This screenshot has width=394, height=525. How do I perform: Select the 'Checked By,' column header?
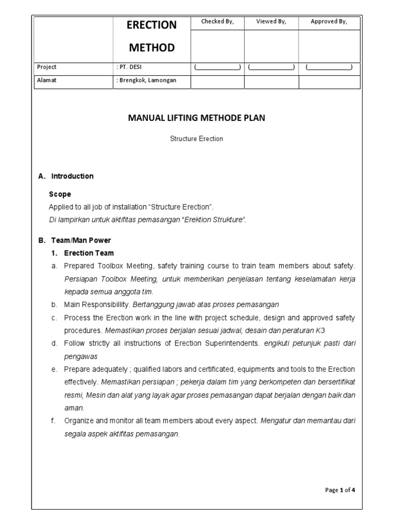click(217, 22)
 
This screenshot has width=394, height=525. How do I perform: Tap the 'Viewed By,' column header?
click(271, 22)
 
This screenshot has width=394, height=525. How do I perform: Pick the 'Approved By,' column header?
click(329, 22)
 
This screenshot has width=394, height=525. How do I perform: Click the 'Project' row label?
click(47, 67)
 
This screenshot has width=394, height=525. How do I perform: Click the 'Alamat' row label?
click(46, 80)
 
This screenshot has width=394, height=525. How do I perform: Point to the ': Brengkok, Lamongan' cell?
click(146, 80)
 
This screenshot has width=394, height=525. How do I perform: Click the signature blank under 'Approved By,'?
click(329, 68)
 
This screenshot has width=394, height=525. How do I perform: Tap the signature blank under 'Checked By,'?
click(217, 68)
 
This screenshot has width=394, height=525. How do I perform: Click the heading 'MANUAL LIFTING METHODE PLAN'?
click(196, 118)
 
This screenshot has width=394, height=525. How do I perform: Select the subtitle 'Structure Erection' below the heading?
click(196, 139)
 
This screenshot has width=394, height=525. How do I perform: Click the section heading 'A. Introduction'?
click(66, 176)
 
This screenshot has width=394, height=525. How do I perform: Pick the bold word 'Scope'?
click(60, 194)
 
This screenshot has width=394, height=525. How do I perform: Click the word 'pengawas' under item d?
click(81, 356)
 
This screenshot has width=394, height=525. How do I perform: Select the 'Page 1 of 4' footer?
click(340, 490)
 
